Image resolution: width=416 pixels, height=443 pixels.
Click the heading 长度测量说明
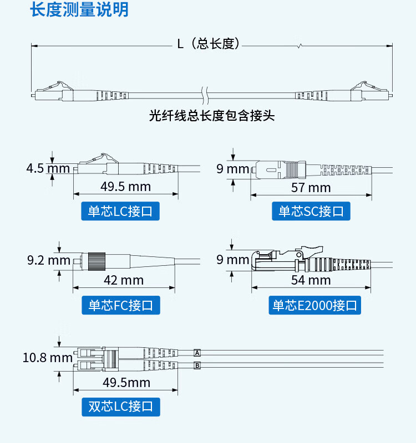79,9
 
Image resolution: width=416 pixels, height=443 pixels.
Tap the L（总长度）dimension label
209,44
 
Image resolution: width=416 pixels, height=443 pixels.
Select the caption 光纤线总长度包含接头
212,116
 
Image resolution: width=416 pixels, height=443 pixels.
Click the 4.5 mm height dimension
48,168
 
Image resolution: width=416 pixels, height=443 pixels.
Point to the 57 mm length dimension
311,188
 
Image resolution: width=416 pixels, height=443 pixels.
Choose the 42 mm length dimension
124,280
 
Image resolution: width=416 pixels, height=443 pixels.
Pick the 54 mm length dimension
311,280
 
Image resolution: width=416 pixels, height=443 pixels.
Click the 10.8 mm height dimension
48,358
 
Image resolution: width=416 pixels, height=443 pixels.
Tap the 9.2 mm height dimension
49,260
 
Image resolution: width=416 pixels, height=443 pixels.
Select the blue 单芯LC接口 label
120,211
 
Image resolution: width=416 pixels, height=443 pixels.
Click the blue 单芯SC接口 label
311,211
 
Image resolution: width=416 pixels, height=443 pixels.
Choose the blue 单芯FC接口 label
121,305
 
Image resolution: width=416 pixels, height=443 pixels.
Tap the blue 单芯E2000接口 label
314,305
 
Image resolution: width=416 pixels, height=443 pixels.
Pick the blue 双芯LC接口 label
121,407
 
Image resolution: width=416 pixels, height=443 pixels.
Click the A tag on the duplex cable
197,353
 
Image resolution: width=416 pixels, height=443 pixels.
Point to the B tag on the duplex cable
197,365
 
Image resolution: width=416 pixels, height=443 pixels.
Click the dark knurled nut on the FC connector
97,261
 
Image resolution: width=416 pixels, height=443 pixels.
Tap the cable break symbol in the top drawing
205,95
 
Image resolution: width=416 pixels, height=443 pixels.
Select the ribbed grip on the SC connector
291,170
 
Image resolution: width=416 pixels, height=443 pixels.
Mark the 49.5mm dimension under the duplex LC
126,383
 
